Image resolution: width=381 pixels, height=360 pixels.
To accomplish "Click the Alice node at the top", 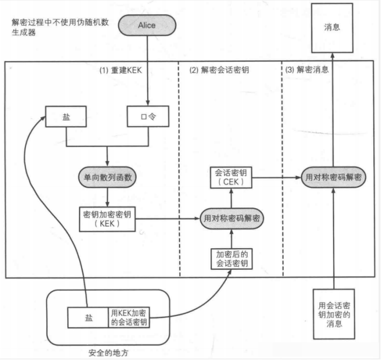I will pyautogui.click(x=147, y=25).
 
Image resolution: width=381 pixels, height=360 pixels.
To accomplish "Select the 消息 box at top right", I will pyautogui.click(x=332, y=27).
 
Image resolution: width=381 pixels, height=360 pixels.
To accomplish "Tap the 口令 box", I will pyautogui.click(x=147, y=117).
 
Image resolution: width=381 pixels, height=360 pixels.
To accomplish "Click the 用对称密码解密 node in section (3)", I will pyautogui.click(x=334, y=178).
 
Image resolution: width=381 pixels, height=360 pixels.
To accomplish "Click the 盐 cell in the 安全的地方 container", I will pyautogui.click(x=88, y=318).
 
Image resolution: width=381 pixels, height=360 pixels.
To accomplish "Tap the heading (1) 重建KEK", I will pyautogui.click(x=121, y=71).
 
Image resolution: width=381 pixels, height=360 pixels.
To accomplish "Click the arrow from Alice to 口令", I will pyautogui.click(x=148, y=72).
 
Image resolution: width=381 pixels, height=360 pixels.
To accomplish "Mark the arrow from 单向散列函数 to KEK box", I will pyautogui.click(x=107, y=197).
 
